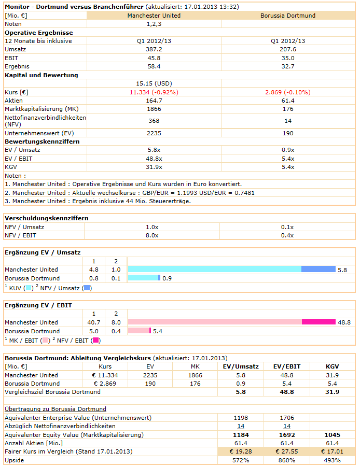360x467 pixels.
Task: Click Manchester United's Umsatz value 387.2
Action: point(154,49)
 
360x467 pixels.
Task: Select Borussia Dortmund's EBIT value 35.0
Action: point(288,58)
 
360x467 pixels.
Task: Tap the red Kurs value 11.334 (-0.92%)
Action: point(154,92)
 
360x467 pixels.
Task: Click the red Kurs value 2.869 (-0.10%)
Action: point(288,92)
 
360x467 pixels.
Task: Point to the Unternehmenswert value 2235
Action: point(154,133)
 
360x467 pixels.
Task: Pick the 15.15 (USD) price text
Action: point(154,83)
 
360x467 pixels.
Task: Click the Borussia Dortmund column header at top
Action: point(288,16)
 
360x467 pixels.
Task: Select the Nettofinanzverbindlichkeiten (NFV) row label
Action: point(45,121)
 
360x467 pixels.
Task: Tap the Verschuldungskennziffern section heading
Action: point(46,218)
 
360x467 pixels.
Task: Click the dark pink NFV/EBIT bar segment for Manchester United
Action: point(319,322)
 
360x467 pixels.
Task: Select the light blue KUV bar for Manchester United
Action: point(214,269)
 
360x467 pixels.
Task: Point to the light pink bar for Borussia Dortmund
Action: point(139,331)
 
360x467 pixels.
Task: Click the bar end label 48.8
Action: point(344,322)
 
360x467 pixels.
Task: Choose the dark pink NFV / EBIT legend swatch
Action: point(95,341)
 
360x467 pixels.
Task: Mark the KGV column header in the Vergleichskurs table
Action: point(332,366)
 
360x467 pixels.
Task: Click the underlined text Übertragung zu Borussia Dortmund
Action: point(56,409)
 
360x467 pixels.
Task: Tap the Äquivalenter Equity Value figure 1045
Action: point(332,435)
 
